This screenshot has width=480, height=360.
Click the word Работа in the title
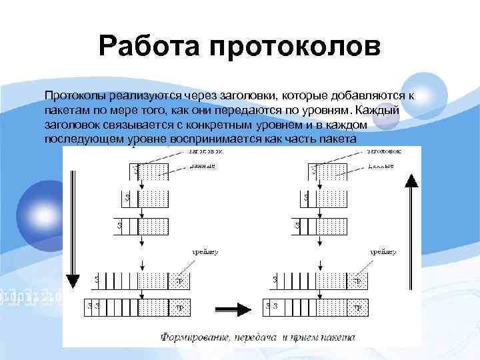[x=149, y=47]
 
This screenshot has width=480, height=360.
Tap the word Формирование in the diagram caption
[x=194, y=337]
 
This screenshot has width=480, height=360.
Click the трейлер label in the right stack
[x=383, y=253]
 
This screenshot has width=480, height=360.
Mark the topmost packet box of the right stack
[x=331, y=171]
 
